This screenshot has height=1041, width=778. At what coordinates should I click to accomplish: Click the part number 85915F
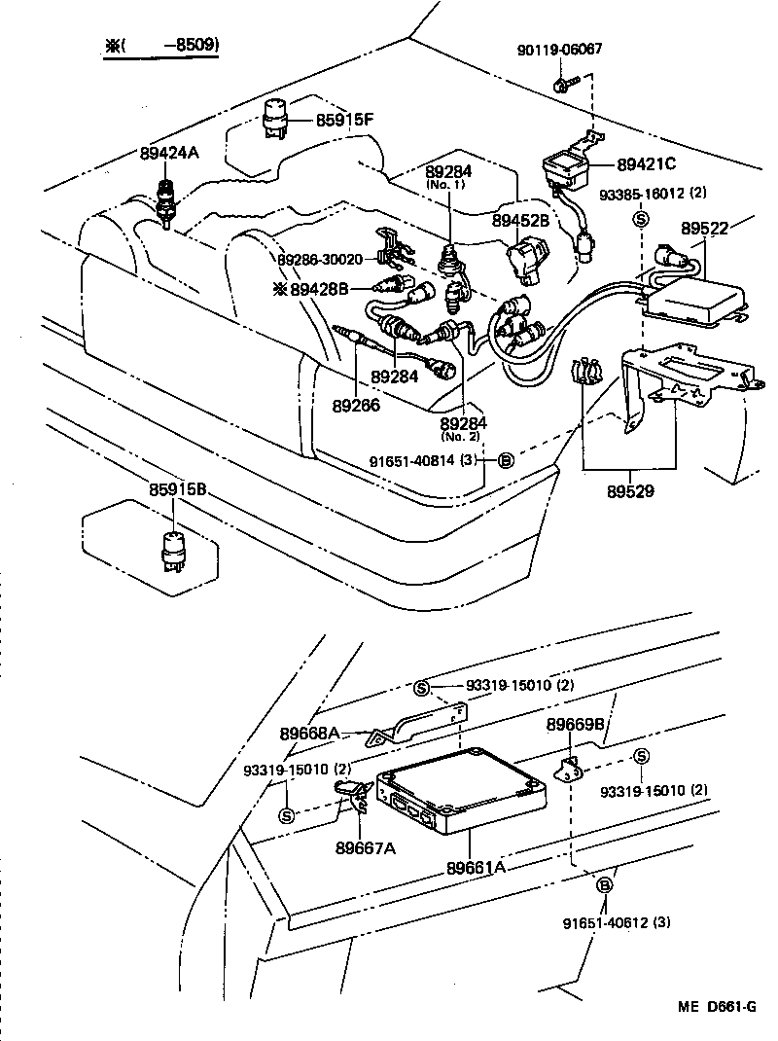click(x=345, y=119)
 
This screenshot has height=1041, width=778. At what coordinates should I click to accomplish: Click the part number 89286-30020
click(x=320, y=260)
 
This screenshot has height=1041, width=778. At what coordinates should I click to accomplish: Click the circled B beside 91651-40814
click(x=506, y=460)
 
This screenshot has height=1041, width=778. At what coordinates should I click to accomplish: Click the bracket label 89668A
click(x=309, y=732)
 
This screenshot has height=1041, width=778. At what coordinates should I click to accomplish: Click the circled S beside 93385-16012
click(x=641, y=218)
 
